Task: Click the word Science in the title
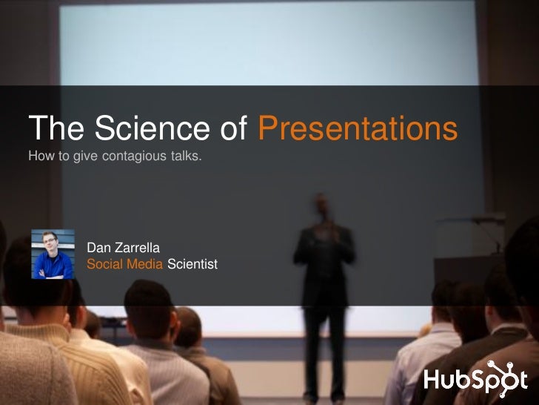pyautogui.click(x=141, y=130)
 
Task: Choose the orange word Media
pyautogui.click(x=145, y=263)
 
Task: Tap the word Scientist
pyautogui.click(x=192, y=263)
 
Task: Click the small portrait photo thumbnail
pyautogui.click(x=53, y=254)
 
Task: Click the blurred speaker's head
pyautogui.click(x=321, y=205)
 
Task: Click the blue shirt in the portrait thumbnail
pyautogui.click(x=53, y=267)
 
